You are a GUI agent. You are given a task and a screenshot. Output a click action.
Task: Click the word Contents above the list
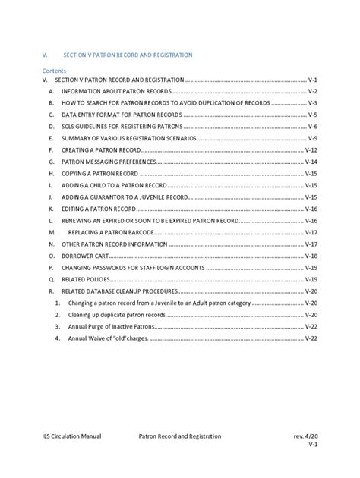tap(54, 68)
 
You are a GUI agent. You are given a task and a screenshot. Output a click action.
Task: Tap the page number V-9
tap(311, 139)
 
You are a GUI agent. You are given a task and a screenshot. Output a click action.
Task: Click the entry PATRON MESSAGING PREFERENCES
tap(109, 162)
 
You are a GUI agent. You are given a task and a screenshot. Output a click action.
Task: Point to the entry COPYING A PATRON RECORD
tap(99, 174)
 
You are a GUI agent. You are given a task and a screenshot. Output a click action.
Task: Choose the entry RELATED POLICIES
tap(87, 279)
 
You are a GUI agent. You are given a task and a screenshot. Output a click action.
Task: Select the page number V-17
tap(311, 232)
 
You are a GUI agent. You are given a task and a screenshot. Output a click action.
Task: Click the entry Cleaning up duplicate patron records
tap(114, 314)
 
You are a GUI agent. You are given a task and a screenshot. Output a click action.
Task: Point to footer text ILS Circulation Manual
tap(72, 437)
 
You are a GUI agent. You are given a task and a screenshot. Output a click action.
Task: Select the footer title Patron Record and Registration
tap(180, 437)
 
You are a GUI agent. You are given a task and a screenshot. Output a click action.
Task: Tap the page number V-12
tap(311, 150)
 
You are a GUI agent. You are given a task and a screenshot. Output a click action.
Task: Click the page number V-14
tap(311, 162)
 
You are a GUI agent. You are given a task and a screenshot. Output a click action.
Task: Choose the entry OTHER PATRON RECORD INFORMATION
tap(114, 244)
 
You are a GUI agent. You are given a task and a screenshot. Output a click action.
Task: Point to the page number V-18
tap(311, 256)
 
